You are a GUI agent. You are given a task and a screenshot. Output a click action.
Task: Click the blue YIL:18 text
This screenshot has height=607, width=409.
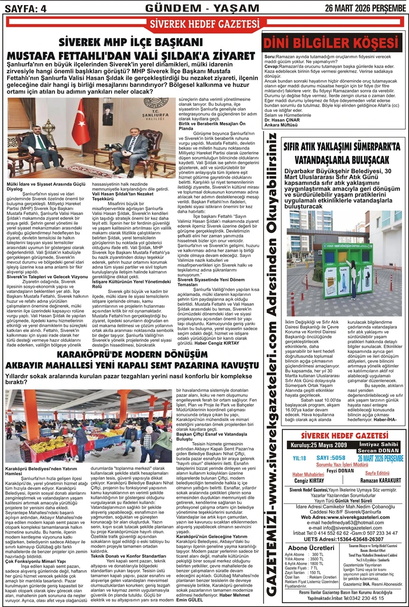pos(299,458)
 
